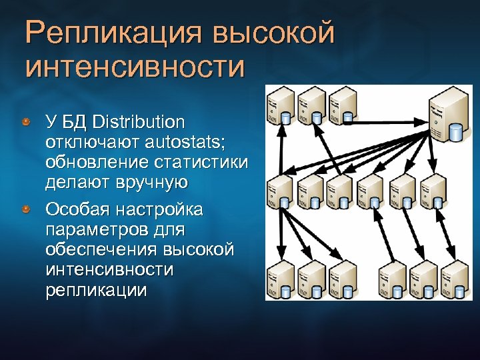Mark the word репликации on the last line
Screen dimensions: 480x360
[96, 291]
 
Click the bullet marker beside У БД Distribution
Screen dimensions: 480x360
[25, 123]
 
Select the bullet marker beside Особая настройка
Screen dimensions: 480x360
[25, 211]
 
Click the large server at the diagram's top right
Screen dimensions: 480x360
[445, 117]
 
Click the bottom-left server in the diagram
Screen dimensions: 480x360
[278, 279]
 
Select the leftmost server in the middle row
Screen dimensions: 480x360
[278, 192]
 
